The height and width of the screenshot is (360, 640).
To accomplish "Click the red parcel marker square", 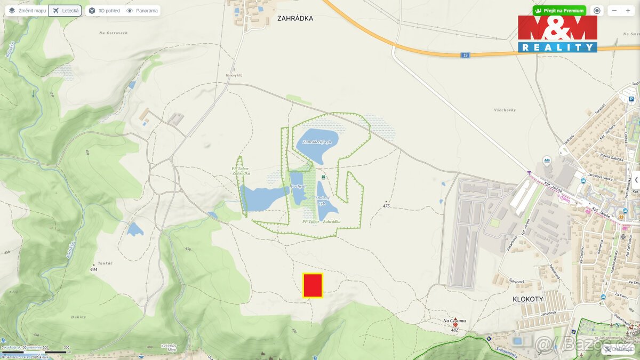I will tap(313, 285).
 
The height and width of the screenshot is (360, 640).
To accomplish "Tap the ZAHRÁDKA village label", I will tap(295, 18).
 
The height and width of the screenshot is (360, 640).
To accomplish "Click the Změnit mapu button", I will tap(27, 11).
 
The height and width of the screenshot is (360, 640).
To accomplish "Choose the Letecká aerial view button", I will tap(65, 11).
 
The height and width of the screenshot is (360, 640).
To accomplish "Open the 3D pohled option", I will tap(104, 11).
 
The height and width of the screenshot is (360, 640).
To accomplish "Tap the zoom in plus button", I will tap(628, 11).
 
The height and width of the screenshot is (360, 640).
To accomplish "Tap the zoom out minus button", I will tap(614, 11).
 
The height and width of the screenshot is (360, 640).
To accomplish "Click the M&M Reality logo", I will tap(557, 34).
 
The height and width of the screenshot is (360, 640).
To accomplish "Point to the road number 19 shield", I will tap(466, 55).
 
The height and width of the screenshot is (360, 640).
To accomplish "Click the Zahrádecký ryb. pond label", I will tap(317, 142).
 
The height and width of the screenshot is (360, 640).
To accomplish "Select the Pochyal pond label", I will tap(298, 186).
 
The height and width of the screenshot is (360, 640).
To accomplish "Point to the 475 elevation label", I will tap(386, 206).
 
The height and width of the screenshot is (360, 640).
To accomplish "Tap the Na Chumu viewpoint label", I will tap(454, 321).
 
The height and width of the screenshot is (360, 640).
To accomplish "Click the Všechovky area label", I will tap(505, 110).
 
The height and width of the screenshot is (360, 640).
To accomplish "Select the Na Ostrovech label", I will tap(114, 33).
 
